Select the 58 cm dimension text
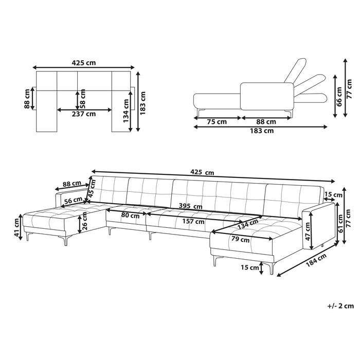[x=83, y=96]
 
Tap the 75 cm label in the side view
[x=218, y=122]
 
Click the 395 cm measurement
[x=189, y=206]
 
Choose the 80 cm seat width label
[x=130, y=215]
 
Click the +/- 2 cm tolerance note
[x=340, y=305]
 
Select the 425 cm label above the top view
[x=84, y=63]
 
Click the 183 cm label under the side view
[x=262, y=131]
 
